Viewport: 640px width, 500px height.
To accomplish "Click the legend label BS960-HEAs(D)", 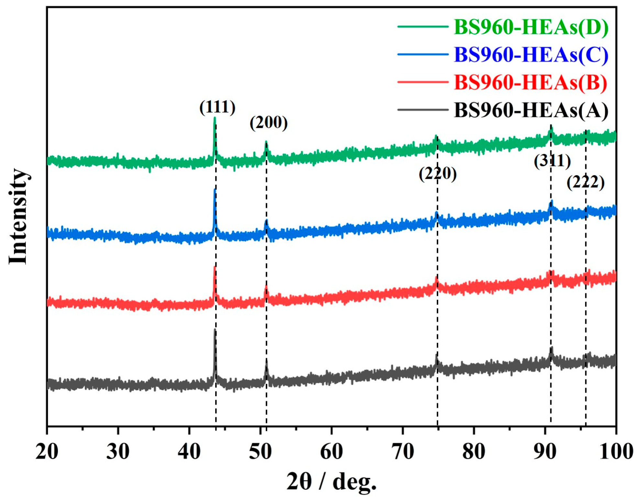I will (x=531, y=27).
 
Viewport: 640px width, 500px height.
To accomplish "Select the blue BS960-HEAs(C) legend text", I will (x=531, y=55).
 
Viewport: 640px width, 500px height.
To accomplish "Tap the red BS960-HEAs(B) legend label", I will (x=531, y=82).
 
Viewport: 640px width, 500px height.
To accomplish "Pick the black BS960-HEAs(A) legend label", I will (x=531, y=110).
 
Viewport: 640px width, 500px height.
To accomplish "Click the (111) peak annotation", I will (x=217, y=107).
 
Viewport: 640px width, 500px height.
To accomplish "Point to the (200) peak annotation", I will (x=268, y=123).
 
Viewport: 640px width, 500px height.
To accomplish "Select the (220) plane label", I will (x=437, y=174).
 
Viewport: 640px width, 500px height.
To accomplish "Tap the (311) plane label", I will (x=552, y=161).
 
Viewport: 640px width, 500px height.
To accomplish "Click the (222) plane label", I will (x=585, y=182).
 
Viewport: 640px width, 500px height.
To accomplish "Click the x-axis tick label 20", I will (x=47, y=451).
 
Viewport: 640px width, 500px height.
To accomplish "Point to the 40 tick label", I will (x=189, y=451).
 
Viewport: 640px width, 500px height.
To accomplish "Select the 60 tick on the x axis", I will (x=331, y=451).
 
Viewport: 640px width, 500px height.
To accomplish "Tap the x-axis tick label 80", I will (x=474, y=451).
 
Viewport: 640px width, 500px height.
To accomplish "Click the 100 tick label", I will (x=616, y=451).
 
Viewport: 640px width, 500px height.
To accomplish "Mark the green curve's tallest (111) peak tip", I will (x=215, y=118).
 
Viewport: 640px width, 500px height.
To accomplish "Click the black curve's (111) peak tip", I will (x=215, y=330).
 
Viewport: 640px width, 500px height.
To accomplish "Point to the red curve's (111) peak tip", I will (x=215, y=267).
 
